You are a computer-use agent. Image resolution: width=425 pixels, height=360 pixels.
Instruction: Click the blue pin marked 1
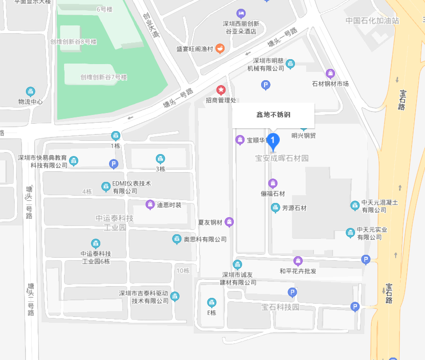(x=273, y=141)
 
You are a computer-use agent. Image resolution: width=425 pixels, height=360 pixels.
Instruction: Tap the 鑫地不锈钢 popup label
(x=273, y=115)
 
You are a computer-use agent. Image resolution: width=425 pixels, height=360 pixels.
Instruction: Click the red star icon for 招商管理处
(x=221, y=90)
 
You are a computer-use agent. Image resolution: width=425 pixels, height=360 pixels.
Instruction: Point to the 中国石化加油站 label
(x=372, y=21)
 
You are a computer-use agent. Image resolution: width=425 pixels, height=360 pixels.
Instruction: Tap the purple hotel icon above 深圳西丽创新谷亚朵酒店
(x=241, y=13)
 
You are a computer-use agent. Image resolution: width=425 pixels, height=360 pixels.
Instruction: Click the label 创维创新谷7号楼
(x=104, y=77)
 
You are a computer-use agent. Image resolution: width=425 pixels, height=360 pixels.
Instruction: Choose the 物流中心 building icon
(x=31, y=91)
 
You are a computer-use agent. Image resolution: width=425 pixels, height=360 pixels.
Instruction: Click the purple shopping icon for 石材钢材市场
(x=330, y=74)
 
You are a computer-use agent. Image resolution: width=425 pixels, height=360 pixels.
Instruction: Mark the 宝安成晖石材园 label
(x=282, y=158)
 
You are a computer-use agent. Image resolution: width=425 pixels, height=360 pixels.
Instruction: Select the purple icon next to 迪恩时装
(x=150, y=204)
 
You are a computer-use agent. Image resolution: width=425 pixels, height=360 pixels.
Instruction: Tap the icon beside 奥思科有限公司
(x=177, y=239)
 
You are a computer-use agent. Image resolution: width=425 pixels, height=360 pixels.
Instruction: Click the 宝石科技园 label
(x=280, y=307)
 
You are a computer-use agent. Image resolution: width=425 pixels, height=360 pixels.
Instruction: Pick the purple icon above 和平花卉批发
(x=298, y=261)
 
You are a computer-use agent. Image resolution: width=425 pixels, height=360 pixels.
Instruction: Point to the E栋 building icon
(x=211, y=302)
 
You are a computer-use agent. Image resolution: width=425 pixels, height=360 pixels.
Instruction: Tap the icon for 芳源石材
(x=275, y=208)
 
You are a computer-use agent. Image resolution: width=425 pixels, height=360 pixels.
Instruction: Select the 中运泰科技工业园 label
(x=115, y=223)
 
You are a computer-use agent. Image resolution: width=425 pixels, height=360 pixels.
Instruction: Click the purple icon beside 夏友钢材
(x=229, y=222)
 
